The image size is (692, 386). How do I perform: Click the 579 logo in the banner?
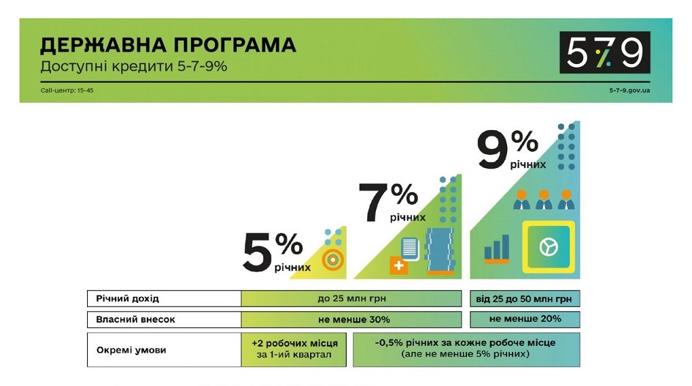[x=604, y=52]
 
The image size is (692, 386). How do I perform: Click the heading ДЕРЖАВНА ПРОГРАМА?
[x=168, y=46]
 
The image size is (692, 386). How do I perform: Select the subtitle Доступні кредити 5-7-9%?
[x=133, y=67]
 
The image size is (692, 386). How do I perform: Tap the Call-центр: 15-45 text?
[x=67, y=90]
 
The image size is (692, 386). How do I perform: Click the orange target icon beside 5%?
[x=332, y=259]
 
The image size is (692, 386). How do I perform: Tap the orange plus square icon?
[x=398, y=266]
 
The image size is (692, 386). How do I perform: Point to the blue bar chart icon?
[x=497, y=249]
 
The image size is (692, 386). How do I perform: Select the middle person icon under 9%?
[x=543, y=199]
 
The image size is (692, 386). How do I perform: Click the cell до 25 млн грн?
[x=351, y=299]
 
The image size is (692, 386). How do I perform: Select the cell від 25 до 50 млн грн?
[x=525, y=299]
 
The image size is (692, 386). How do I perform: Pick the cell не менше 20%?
[x=525, y=319]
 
